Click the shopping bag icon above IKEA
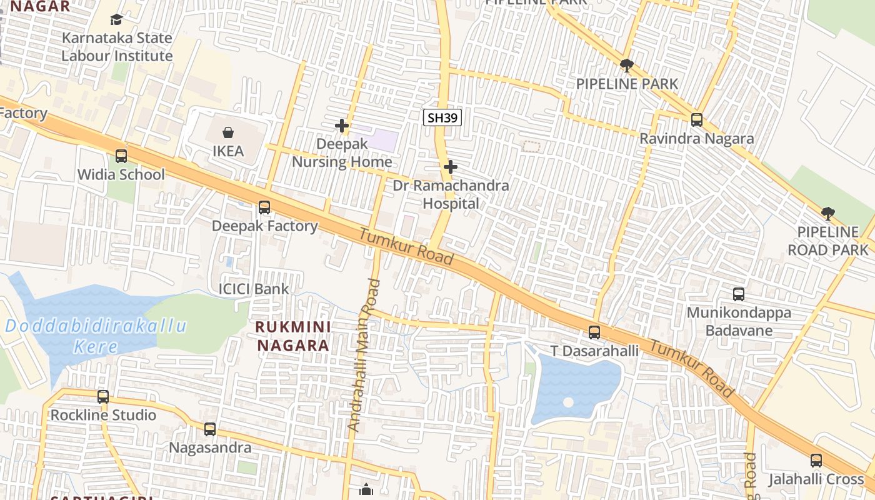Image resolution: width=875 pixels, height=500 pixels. click(x=228, y=132)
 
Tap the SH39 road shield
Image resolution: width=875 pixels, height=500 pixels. click(x=442, y=117)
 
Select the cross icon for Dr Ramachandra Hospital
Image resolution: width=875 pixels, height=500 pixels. click(x=450, y=167)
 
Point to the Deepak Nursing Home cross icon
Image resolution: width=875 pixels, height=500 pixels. click(x=342, y=126)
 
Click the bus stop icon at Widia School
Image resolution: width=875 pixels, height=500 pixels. click(x=121, y=156)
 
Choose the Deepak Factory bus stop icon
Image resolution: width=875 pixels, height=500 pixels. click(x=264, y=207)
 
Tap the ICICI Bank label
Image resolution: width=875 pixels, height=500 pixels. click(x=253, y=289)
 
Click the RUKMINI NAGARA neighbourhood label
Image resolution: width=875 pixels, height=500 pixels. click(x=293, y=336)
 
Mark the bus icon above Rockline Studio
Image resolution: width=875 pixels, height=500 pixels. click(x=103, y=396)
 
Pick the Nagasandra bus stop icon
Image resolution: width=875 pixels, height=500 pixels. click(x=210, y=429)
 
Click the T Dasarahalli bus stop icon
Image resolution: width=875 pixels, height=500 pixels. click(x=594, y=332)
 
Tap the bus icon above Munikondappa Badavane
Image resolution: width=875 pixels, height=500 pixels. click(x=739, y=294)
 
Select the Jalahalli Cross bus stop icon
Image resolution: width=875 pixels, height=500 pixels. click(x=816, y=461)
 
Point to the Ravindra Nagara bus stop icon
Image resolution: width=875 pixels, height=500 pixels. click(x=697, y=119)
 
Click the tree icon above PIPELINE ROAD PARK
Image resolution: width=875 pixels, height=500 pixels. click(x=828, y=214)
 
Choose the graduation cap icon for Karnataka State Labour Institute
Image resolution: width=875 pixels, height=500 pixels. click(x=116, y=20)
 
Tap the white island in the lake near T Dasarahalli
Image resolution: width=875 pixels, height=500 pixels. click(x=568, y=402)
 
